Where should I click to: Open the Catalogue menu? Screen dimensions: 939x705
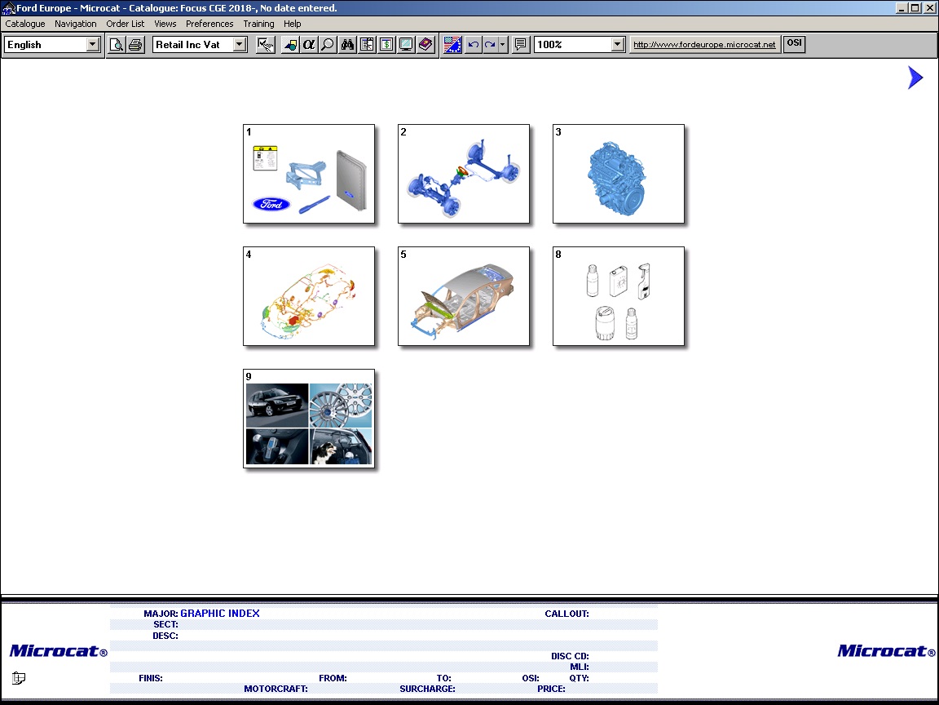tap(25, 24)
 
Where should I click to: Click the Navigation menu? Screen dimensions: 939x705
tap(76, 24)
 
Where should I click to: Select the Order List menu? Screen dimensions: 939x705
tap(126, 24)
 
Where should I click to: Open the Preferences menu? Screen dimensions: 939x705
tap(209, 24)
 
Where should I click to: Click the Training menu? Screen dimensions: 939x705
tap(258, 24)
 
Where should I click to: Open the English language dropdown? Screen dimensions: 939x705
tap(51, 44)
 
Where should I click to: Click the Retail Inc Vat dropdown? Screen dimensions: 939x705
tap(200, 44)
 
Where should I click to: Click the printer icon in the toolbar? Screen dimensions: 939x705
tap(136, 44)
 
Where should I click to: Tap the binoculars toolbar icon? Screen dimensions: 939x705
tap(347, 44)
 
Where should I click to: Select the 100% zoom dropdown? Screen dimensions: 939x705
tap(579, 44)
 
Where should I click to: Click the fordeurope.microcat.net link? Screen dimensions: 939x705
tap(704, 44)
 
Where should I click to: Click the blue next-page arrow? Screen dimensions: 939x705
tap(915, 78)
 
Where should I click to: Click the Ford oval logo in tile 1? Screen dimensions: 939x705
tap(272, 205)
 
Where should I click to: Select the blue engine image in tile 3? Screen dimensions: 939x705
tap(616, 178)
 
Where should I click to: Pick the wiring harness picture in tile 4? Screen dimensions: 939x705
tap(308, 299)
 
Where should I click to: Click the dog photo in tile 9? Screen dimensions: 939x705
tap(340, 446)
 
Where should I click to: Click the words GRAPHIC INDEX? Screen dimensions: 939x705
tap(220, 614)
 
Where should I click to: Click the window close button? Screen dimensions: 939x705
tap(930, 8)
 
